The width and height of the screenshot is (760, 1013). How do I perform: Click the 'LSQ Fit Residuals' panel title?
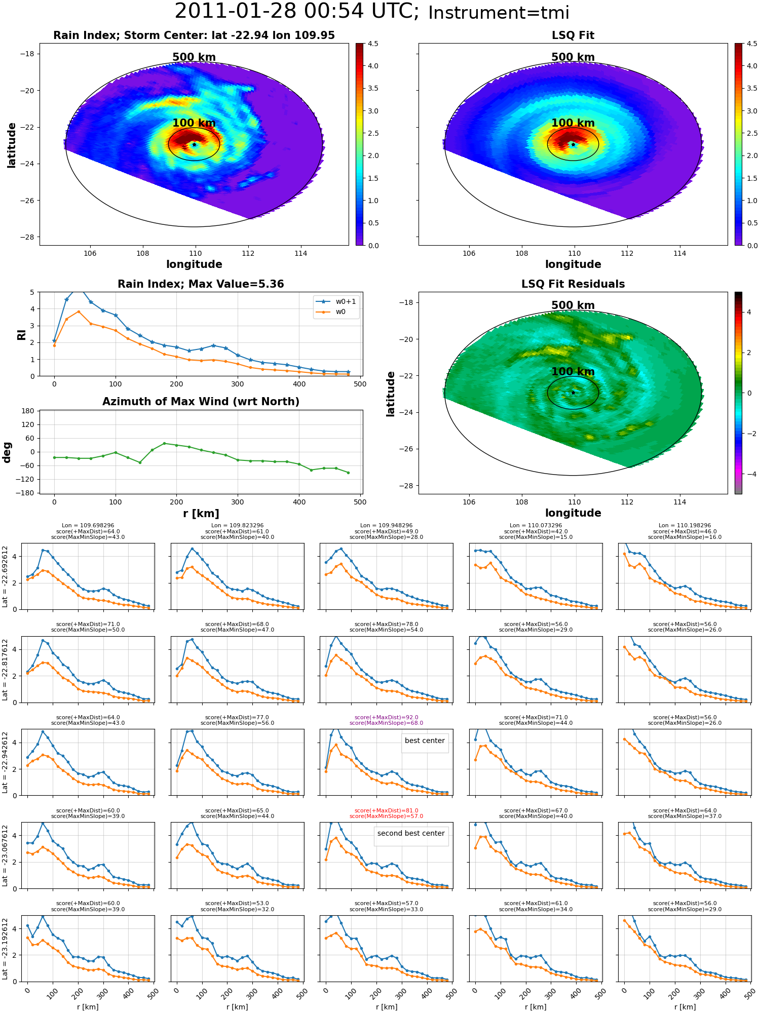pos(573,284)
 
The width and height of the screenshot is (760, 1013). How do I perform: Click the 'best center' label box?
pos(425,741)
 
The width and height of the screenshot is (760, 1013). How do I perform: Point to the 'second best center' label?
pos(411,833)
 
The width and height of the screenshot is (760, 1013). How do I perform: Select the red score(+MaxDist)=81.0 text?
pos(387,810)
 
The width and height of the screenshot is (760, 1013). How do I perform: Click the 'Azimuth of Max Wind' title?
pos(201,402)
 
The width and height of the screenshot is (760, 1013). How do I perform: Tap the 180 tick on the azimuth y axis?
pos(28,411)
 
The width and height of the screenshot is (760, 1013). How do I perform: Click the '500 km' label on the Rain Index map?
pos(194,57)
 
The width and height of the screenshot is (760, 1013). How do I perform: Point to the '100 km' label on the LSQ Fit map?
pos(573,123)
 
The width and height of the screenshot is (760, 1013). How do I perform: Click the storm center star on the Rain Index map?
pos(194,144)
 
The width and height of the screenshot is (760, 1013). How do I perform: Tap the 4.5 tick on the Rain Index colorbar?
pos(373,44)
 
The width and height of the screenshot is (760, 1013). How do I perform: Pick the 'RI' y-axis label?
pos(21,334)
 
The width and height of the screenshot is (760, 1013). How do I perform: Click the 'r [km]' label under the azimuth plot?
pos(201,514)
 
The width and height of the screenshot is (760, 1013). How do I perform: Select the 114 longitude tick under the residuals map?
pos(679,502)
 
